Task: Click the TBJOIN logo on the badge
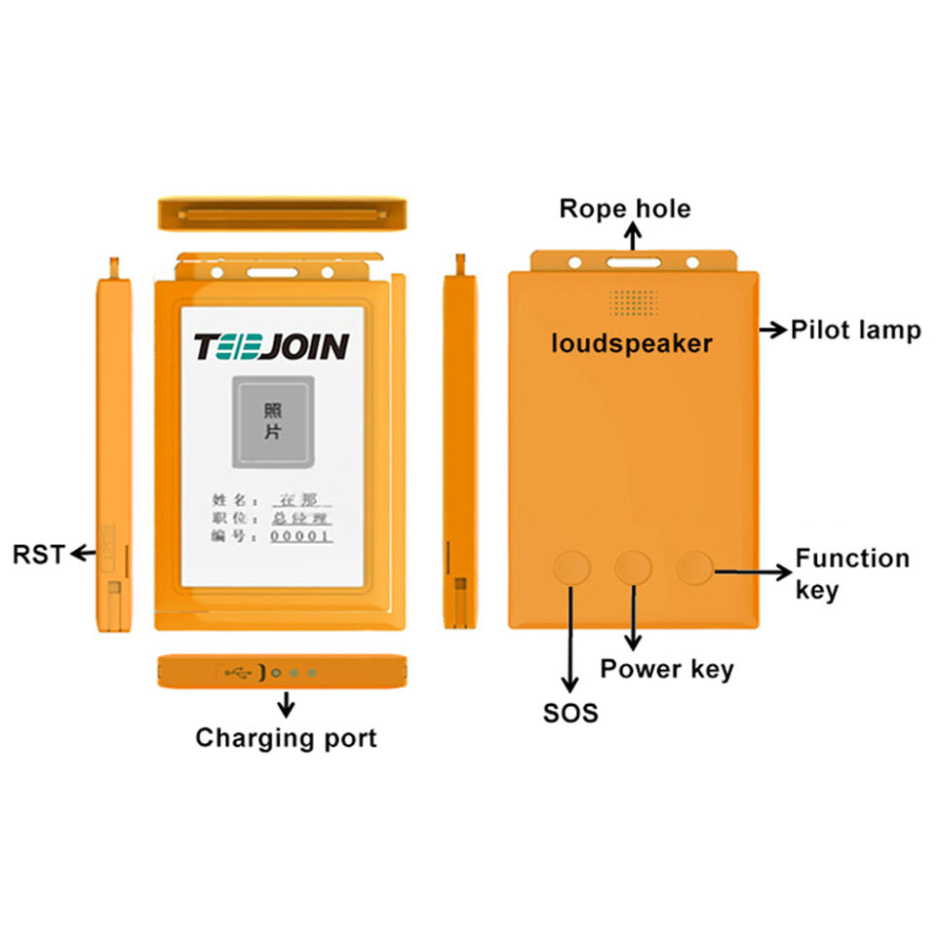(x=271, y=347)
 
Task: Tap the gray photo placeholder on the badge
(x=272, y=421)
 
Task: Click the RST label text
(x=37, y=555)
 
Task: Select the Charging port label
(x=286, y=737)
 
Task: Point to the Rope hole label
(x=625, y=209)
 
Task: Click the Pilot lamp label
(x=855, y=331)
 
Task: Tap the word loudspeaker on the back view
(x=632, y=343)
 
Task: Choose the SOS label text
(x=570, y=713)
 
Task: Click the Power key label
(x=667, y=669)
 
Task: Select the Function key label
(x=852, y=573)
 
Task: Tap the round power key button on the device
(x=634, y=566)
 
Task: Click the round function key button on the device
(x=695, y=566)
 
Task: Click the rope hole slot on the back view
(x=633, y=262)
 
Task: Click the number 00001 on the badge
(x=300, y=535)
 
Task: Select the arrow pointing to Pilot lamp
(x=772, y=331)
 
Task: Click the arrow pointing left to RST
(x=83, y=555)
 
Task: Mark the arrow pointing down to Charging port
(x=286, y=704)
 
